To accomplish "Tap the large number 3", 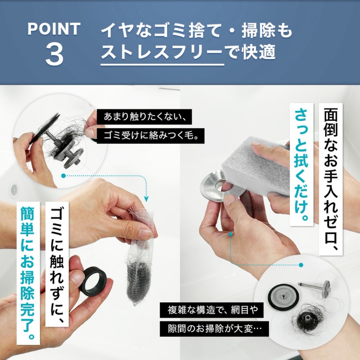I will point(54,55).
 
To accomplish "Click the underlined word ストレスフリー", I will point(162,52).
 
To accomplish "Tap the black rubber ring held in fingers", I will point(92,281).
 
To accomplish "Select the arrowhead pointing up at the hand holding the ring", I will point(231,233).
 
